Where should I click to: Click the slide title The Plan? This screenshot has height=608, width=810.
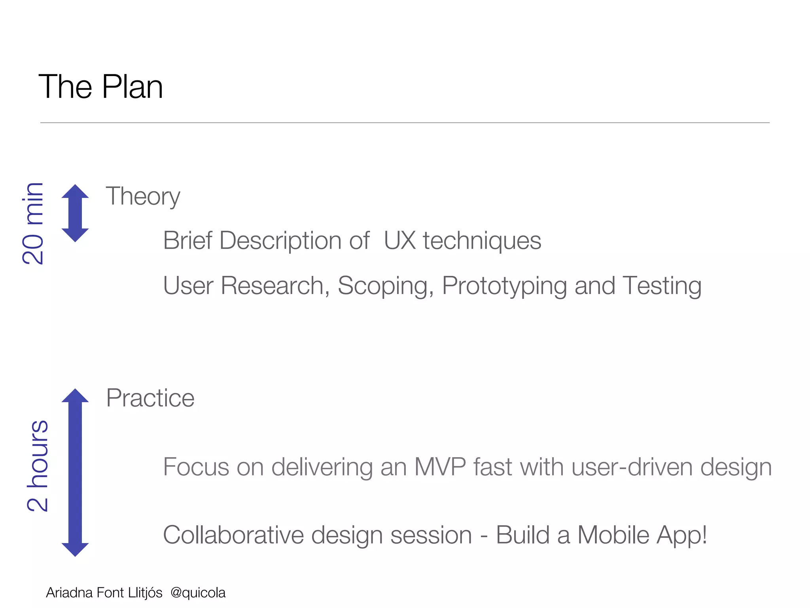100,87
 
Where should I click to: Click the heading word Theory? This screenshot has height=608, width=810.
143,196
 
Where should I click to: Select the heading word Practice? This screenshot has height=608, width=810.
150,398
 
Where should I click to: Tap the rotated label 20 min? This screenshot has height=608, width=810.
33,224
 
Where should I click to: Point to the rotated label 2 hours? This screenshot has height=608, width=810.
38,466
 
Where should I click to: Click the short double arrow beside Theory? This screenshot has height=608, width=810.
75,213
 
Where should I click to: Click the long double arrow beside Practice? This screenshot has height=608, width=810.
75,472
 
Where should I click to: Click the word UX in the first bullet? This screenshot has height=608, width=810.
399,240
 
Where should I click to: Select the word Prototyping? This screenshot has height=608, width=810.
504,286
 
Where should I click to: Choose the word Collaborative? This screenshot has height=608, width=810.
233,535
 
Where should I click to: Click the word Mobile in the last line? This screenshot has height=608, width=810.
613,535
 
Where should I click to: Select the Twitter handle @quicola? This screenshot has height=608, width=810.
198,593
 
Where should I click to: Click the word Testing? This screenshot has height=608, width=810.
662,286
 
